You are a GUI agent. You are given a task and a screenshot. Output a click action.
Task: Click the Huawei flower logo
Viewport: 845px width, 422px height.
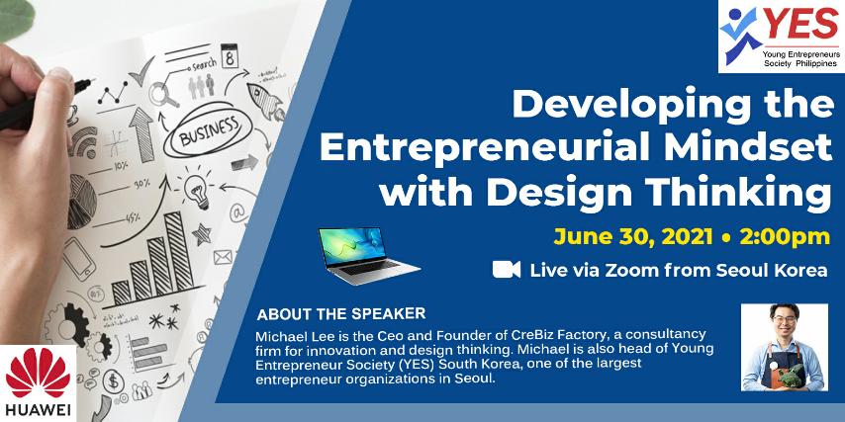coord(38,373)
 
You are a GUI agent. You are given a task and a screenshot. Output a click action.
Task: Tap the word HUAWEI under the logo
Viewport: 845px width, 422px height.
coord(38,410)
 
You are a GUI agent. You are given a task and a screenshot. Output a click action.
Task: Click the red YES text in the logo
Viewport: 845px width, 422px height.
coord(800,25)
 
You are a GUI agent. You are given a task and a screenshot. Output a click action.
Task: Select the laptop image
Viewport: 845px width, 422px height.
coord(369,255)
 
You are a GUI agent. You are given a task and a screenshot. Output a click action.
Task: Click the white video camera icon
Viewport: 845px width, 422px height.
coord(506,269)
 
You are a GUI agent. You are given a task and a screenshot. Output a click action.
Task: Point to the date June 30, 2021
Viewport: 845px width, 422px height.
coord(632,237)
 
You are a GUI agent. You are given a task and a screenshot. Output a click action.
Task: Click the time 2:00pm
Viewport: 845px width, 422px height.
coord(785,237)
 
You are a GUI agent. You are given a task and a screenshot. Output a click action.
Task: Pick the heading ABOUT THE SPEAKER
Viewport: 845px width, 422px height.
coord(341,314)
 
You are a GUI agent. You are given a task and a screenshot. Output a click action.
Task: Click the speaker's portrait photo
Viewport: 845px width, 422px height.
coord(784,347)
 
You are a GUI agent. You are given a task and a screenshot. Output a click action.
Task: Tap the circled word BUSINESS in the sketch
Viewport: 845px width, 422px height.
coord(209,130)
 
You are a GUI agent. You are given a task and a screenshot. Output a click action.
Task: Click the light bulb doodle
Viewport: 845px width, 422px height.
coord(197,191)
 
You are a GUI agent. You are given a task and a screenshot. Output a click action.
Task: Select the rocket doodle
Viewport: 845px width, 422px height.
coord(266,101)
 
